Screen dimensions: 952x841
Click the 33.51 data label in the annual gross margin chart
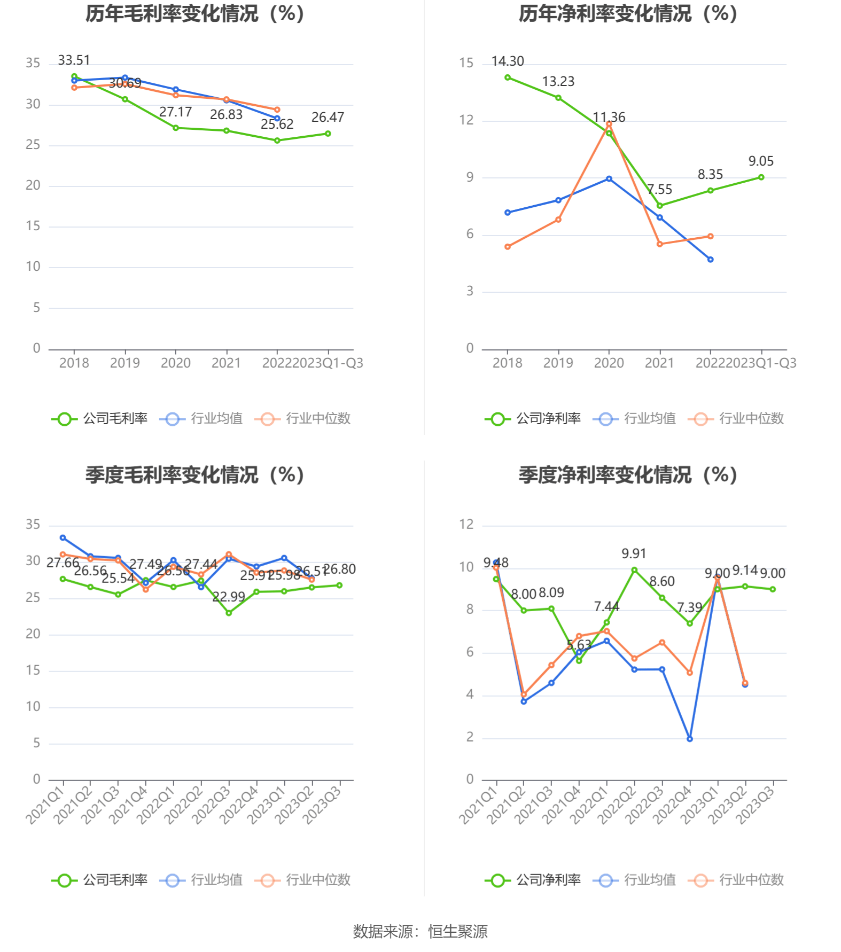pos(74,60)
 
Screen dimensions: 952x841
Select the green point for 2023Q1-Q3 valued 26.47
pos(328,134)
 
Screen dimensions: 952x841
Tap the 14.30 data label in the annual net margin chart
pos(507,61)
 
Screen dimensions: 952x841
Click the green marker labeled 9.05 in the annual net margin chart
pos(761,177)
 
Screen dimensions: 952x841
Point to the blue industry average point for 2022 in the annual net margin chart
pos(710,260)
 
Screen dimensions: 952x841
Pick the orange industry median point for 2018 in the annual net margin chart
pos(507,247)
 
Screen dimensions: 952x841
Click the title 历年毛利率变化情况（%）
pos(194,14)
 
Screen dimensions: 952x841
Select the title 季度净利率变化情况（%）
pos(628,475)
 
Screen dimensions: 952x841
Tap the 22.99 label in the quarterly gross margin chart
pos(228,597)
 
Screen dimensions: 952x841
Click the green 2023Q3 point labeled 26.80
pos(339,586)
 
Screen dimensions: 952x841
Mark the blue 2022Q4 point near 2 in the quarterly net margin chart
pos(690,739)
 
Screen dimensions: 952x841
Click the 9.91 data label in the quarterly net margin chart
pos(634,554)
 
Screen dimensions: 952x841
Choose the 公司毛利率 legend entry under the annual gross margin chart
pos(100,419)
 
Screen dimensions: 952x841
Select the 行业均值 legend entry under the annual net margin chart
pos(634,419)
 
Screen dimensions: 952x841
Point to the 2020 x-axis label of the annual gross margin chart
pos(175,363)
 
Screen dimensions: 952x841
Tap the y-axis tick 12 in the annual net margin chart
pos(466,120)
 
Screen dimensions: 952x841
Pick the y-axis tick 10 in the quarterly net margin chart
pos(466,567)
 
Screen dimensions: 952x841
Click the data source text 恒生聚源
pos(458,932)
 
